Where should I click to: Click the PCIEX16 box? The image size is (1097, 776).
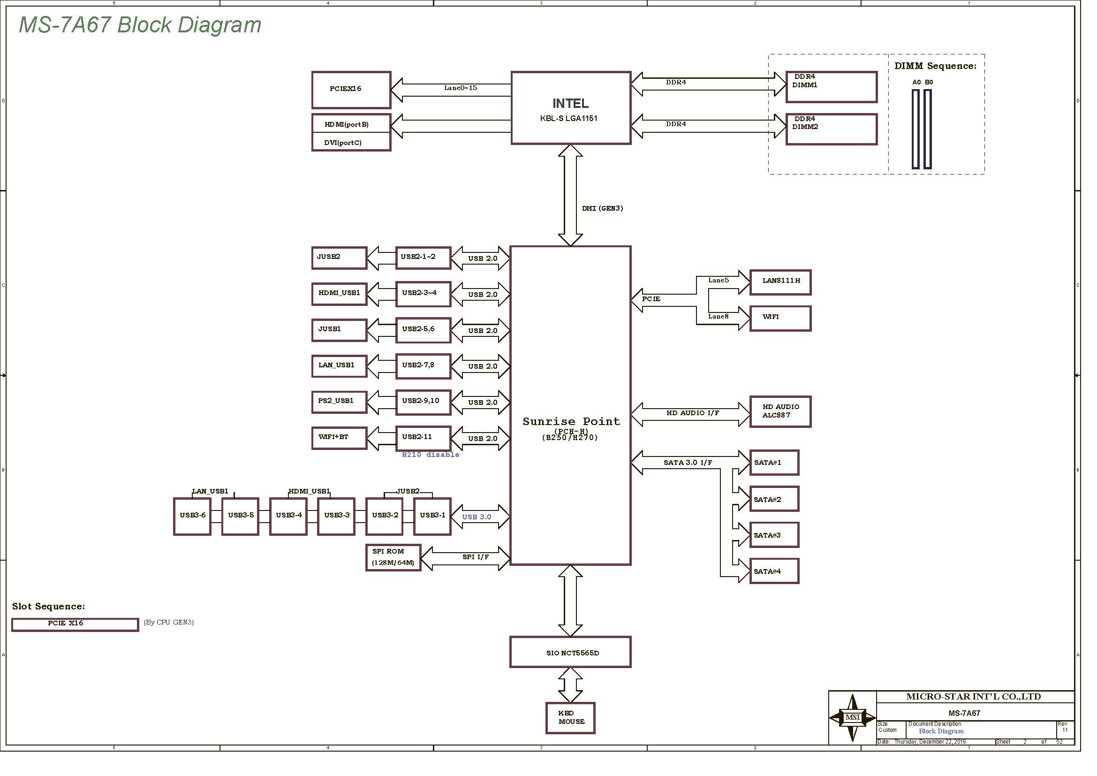(351, 90)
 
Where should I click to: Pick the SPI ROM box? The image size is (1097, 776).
(393, 558)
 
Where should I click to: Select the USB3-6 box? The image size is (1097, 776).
(192, 517)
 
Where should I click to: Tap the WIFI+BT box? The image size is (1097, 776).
(339, 438)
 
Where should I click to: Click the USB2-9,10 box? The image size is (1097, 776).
(424, 402)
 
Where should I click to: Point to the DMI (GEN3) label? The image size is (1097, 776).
(603, 208)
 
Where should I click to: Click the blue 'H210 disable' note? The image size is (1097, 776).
(431, 455)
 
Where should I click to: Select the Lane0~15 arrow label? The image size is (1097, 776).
(461, 88)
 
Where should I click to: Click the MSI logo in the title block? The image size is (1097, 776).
(852, 717)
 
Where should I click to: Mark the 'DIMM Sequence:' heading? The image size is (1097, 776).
(936, 66)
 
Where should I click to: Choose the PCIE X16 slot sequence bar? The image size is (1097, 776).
(75, 624)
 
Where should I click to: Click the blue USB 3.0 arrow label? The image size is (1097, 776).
(477, 517)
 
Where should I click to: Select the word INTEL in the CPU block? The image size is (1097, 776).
(570, 103)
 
